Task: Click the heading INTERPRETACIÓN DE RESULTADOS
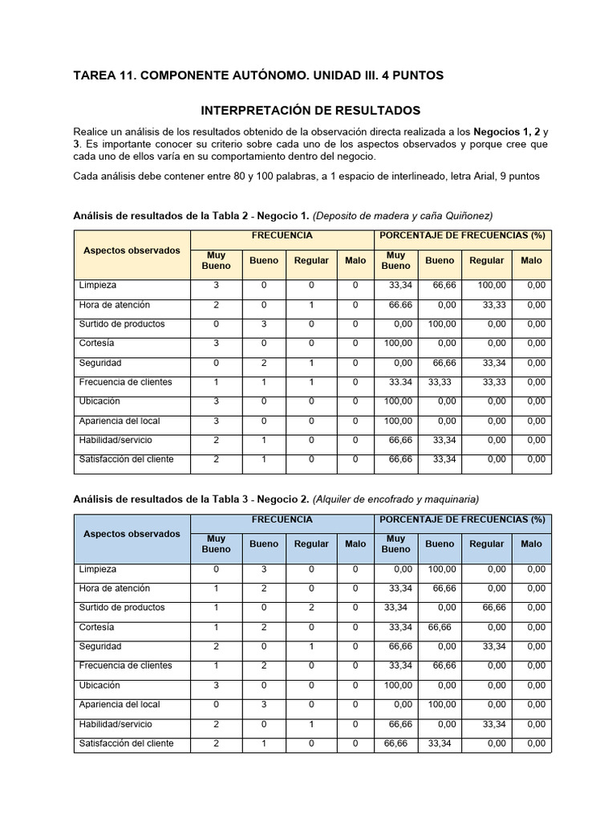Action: pos(310,110)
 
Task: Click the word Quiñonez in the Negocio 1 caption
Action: pos(468,215)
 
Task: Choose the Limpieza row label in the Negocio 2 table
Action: pos(97,568)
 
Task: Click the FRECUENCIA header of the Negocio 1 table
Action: pos(282,235)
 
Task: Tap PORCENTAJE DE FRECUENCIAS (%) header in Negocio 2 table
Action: pos(462,519)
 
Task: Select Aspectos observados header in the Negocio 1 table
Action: pos(132,250)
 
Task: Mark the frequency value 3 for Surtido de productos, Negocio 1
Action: pos(264,324)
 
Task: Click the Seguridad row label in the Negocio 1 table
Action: pos(100,362)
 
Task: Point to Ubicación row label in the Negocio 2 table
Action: pos(99,685)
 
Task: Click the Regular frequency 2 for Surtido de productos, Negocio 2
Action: pos(311,607)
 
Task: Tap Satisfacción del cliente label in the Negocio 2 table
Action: pos(126,743)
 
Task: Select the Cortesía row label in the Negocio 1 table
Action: pos(97,343)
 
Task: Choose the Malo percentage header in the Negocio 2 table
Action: pos(530,543)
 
